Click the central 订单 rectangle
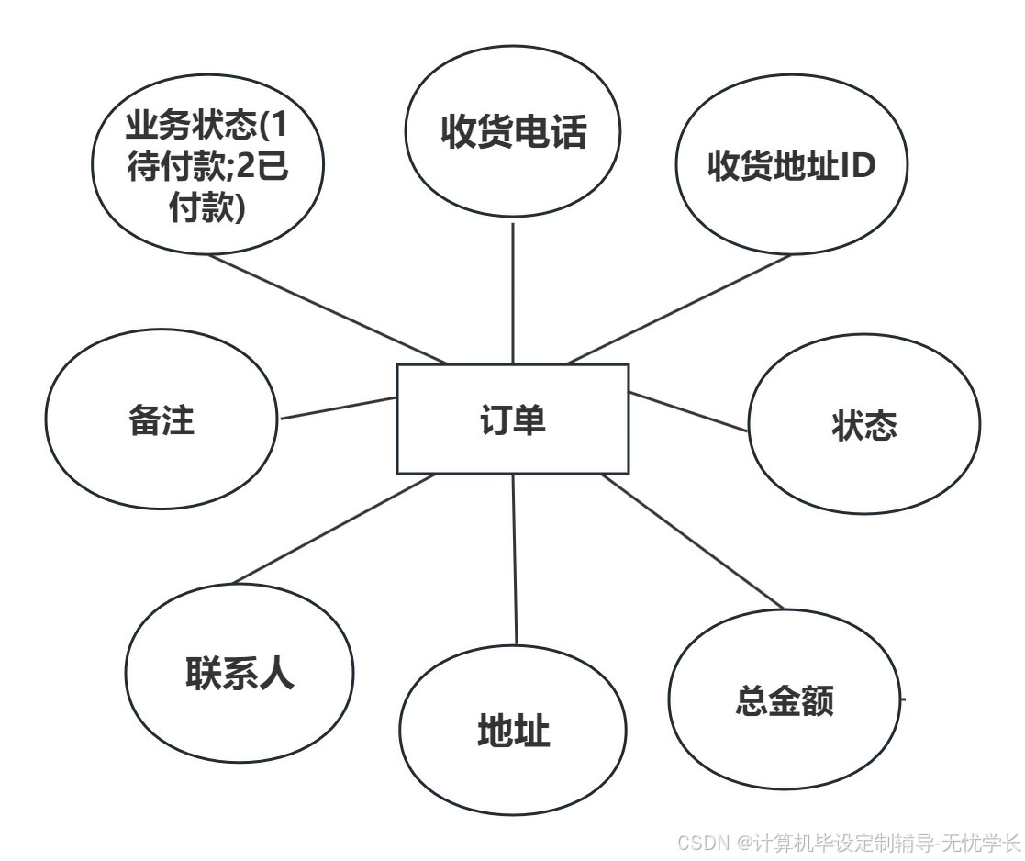[x=512, y=419]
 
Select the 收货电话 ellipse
[x=512, y=132]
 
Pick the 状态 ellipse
[x=863, y=425]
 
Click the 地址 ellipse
[x=513, y=732]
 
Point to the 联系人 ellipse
[x=239, y=674]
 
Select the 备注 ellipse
[x=161, y=420]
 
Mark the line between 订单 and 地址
[x=514, y=560]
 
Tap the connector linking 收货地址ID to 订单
[x=679, y=309]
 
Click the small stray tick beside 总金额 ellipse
[x=902, y=699]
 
